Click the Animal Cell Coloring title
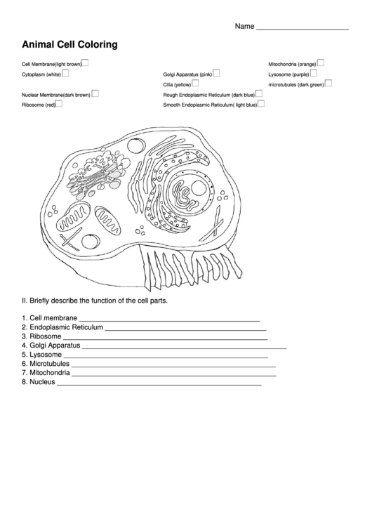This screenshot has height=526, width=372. [69, 44]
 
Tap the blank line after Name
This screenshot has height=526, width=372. [303, 28]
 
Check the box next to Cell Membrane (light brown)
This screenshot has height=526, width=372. [85, 62]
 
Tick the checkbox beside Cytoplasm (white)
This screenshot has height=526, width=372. [65, 72]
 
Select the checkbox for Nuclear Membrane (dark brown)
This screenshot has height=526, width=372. [95, 93]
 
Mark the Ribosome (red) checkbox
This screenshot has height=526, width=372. [59, 103]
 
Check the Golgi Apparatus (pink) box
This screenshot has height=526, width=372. [216, 72]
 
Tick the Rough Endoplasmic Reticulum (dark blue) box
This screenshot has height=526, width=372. [259, 93]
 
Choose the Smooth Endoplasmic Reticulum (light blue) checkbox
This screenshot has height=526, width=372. [261, 103]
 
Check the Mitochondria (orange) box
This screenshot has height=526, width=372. [320, 62]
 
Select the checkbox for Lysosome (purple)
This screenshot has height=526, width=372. [313, 72]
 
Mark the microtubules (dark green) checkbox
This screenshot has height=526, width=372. [328, 83]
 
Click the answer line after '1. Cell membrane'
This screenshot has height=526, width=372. [169, 320]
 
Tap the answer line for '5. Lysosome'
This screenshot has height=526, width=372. [161, 357]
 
